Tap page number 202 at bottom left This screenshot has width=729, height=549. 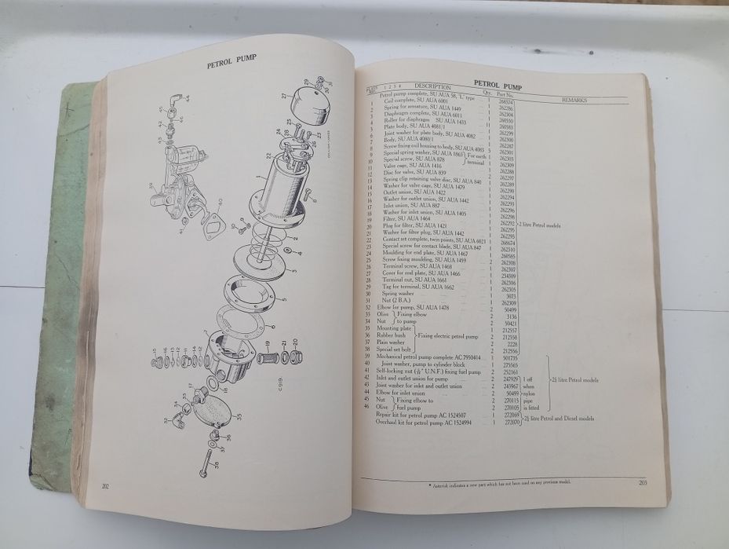[105, 487]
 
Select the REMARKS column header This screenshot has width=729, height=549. [581, 101]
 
